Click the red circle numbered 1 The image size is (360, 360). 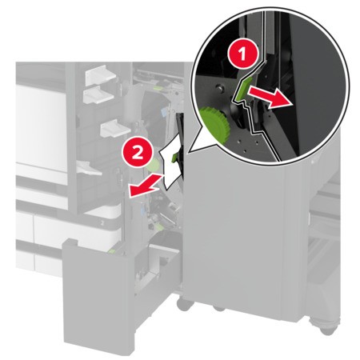[x=242, y=54]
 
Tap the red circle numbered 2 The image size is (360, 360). [x=138, y=153]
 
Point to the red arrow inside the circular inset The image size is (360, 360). [x=270, y=97]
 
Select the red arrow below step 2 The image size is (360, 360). [x=145, y=186]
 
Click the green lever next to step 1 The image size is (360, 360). [x=242, y=89]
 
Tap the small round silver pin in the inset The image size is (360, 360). [x=219, y=87]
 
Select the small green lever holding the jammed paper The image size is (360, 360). [x=175, y=157]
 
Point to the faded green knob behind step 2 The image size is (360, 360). [x=152, y=165]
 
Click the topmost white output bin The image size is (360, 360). [x=100, y=75]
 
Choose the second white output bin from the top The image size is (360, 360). [x=98, y=95]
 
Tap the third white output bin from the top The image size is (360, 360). [x=115, y=129]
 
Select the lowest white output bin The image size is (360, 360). [x=89, y=169]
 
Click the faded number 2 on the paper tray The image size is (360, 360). [x=102, y=223]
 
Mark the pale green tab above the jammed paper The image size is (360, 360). [x=159, y=86]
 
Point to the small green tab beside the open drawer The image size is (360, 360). [x=112, y=250]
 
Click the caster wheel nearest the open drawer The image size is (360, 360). [x=185, y=305]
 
